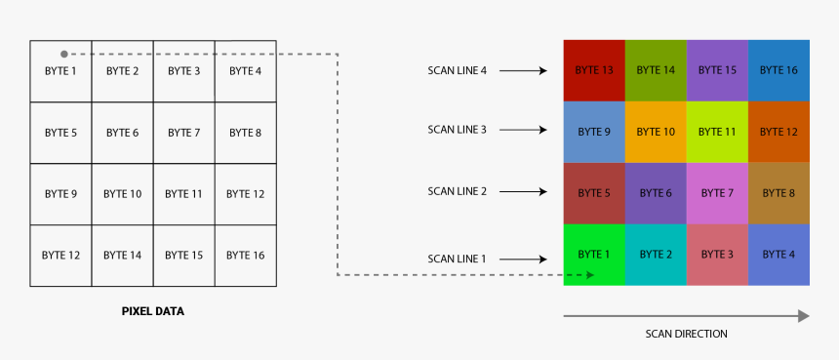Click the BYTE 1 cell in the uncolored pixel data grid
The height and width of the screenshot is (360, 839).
60,71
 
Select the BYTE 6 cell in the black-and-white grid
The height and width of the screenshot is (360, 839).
122,133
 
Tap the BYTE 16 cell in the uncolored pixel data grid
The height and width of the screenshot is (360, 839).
245,255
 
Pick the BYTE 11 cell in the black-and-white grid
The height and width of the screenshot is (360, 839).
183,194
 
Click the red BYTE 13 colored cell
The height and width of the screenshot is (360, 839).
594,70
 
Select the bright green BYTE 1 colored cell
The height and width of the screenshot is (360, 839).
594,255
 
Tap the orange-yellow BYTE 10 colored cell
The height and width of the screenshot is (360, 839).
656,132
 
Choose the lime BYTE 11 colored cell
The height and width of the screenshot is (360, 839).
717,132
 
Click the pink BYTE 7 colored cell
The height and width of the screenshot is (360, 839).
717,193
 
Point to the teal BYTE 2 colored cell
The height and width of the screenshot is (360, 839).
656,255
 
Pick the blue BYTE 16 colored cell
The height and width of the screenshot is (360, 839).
779,70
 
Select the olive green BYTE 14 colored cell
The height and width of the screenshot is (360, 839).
656,70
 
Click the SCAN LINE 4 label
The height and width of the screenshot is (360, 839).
457,70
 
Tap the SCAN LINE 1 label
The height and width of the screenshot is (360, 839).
457,259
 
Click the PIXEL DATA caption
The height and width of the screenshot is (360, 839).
152,312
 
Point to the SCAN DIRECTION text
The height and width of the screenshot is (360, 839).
686,334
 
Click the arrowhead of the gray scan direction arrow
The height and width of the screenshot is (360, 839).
803,316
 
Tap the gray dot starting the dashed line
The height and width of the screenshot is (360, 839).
63,55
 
